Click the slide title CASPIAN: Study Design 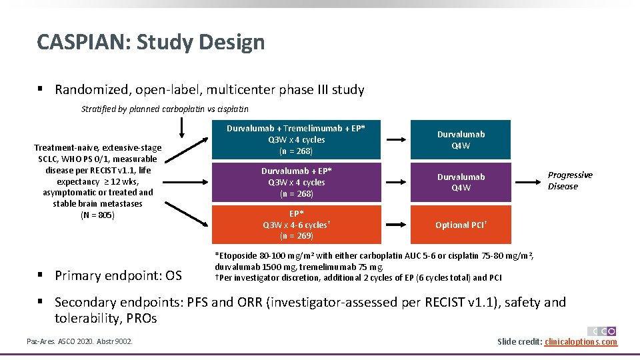click(151, 42)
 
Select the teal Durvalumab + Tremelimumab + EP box click(296, 139)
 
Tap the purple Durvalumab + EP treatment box click(296, 182)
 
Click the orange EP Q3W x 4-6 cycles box click(296, 225)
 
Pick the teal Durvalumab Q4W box click(461, 139)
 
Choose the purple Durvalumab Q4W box click(461, 182)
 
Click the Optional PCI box click(461, 225)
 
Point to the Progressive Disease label click(569, 181)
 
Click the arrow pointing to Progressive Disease click(531, 182)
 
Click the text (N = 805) click(98, 215)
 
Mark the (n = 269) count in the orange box click(296, 236)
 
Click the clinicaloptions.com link click(581, 342)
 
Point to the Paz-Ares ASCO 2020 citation click(79, 342)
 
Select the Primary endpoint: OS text click(119, 275)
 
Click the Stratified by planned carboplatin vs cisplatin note click(164, 109)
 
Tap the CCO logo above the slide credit click(601, 331)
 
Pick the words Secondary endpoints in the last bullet click(120, 302)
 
